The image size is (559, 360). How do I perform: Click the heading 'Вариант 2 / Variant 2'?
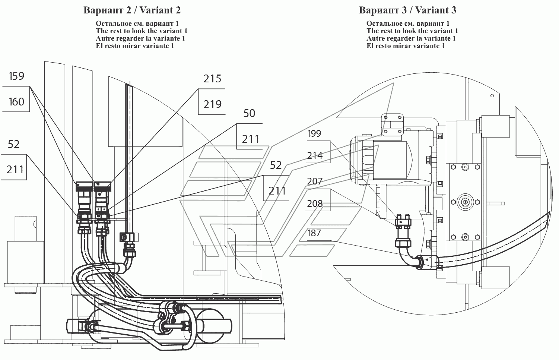[132, 10]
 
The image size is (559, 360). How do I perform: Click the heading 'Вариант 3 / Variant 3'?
[407, 10]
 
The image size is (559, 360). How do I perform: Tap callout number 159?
[16, 76]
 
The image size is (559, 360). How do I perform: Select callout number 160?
[16, 102]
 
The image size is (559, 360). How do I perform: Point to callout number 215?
[212, 79]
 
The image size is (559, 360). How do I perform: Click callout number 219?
[212, 104]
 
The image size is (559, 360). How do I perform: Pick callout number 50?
[249, 114]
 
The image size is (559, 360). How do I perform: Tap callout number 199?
[314, 134]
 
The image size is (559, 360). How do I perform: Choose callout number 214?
[315, 156]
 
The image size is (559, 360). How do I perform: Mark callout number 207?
[315, 181]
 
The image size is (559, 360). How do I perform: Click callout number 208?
[315, 204]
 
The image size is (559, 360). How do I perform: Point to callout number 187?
[314, 233]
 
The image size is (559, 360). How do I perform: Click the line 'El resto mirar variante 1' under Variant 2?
[135, 46]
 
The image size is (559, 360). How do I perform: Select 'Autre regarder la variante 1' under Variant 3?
[411, 38]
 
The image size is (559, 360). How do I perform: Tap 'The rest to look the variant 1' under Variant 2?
[142, 31]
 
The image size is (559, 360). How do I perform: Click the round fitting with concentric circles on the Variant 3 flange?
[465, 202]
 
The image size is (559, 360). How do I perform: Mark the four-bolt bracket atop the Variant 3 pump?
[392, 124]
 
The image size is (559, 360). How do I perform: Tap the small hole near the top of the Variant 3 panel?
[492, 96]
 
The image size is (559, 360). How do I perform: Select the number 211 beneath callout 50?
[251, 139]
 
